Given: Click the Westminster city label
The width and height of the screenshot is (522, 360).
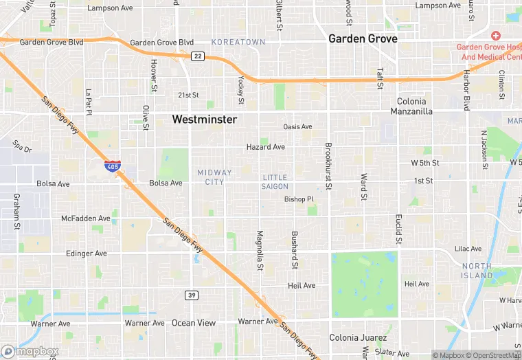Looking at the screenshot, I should coord(204,120).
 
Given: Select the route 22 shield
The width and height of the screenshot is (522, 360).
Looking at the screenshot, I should coord(198,56).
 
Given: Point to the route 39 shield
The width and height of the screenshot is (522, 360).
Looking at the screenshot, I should coord(192,295).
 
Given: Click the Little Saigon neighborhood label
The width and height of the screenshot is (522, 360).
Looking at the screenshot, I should coord(275,182).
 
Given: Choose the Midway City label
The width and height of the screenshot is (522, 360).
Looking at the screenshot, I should coord(214,177).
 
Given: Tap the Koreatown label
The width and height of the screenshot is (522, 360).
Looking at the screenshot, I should coord(238,42).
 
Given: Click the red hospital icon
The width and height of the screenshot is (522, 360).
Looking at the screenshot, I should coord(495,35).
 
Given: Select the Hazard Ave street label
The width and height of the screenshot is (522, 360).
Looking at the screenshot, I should coord(265,147).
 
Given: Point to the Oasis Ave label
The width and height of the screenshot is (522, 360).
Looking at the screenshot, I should coord(297,126).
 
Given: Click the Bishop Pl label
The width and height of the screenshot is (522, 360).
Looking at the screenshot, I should coord(299,199).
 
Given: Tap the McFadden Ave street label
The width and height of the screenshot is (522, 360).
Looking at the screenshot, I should coord(85,218).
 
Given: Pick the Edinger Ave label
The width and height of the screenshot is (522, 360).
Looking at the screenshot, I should coord(86,254).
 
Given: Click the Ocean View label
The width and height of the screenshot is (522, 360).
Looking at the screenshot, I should coord(193,323).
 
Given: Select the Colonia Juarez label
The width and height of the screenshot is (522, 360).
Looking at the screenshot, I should coord(358,337).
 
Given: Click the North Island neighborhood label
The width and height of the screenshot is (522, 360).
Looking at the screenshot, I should coord(477,271).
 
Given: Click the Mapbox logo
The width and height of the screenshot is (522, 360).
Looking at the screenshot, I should coord(30,351).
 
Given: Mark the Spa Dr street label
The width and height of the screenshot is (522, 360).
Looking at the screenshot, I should coord(22,146).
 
